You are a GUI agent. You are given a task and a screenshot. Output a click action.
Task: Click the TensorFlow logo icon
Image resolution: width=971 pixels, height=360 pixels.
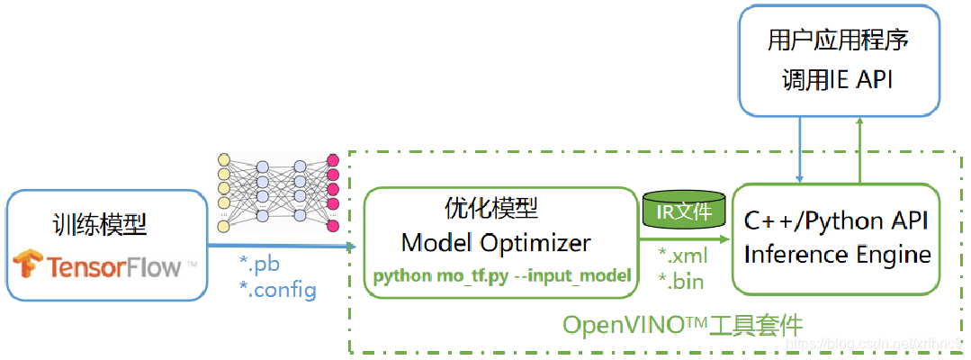click(28, 265)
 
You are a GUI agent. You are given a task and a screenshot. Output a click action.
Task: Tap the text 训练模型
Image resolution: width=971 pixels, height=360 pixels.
click(100, 224)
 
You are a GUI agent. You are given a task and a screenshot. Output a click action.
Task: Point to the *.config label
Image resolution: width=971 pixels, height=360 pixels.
click(277, 289)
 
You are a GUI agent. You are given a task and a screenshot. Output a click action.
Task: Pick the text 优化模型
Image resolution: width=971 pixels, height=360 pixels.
click(491, 210)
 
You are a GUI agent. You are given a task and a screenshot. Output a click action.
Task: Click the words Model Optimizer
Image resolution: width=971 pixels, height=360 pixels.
click(496, 242)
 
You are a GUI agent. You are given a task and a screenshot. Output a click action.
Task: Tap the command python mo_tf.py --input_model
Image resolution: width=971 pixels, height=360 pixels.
click(500, 275)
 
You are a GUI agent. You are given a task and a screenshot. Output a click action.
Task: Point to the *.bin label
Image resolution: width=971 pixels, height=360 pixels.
click(680, 282)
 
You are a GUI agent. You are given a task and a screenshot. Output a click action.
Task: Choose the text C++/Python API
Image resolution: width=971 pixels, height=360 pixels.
click(836, 220)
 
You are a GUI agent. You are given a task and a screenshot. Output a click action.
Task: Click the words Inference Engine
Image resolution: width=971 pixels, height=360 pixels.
click(837, 255)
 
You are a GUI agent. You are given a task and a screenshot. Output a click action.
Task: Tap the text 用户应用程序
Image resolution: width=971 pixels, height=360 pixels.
click(837, 40)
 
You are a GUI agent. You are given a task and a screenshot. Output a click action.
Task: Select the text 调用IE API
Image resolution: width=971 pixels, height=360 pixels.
click(837, 80)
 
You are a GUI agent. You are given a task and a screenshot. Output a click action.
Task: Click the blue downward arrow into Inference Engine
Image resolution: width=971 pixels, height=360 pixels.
click(799, 149)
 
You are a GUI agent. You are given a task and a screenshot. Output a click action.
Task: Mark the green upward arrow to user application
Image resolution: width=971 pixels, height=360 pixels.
click(861, 149)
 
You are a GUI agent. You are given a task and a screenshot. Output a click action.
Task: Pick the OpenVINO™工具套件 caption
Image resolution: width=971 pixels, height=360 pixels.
click(682, 324)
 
